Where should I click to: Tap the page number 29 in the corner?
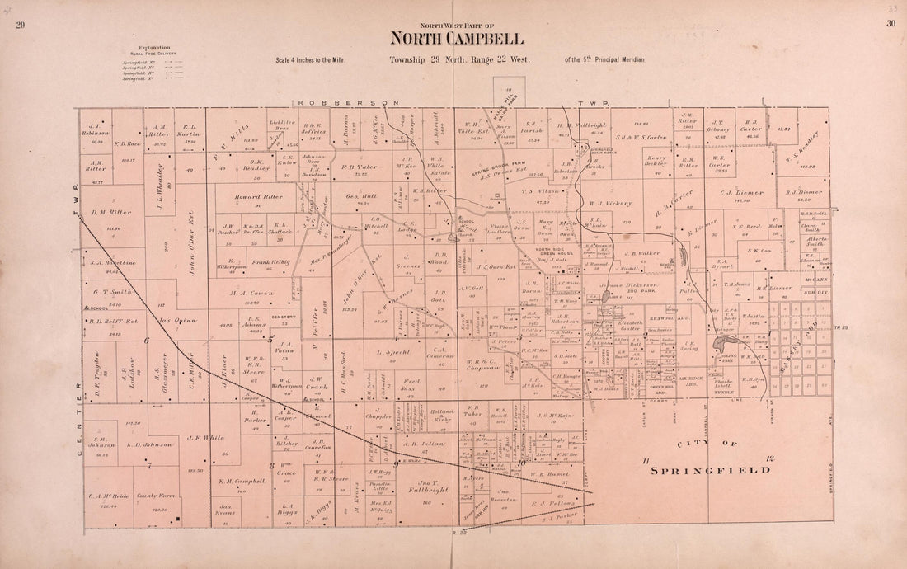[21, 25]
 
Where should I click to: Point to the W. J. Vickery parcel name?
[611, 203]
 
